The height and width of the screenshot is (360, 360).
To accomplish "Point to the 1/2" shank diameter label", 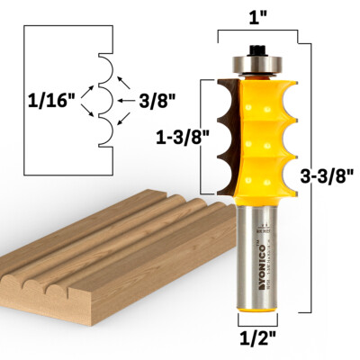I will tap(258, 341).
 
